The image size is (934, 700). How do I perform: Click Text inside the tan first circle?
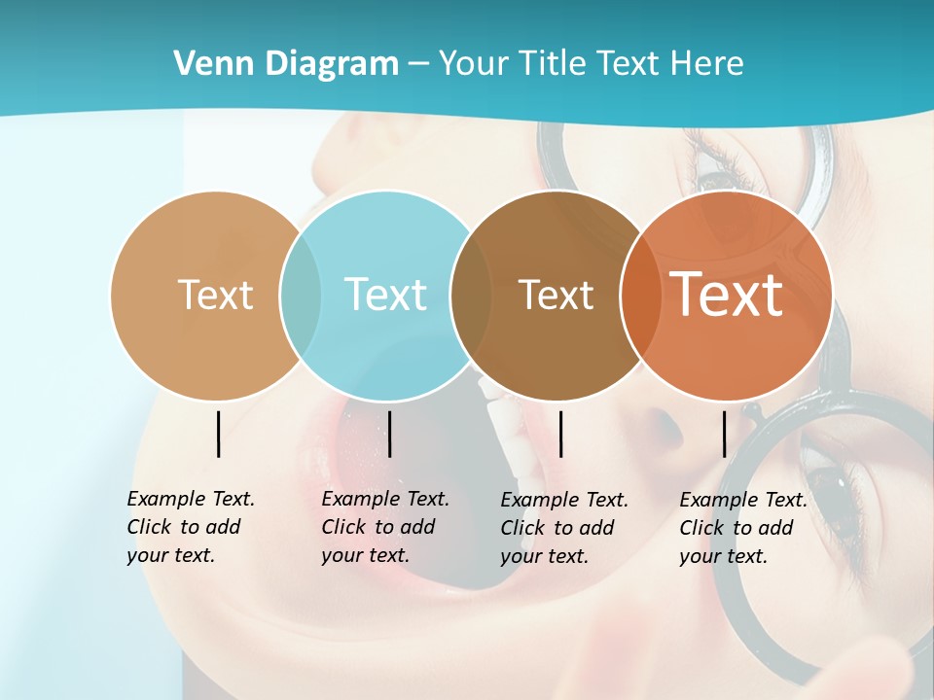(215, 295)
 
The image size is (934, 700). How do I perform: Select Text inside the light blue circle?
(385, 295)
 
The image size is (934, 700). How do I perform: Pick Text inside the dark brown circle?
(556, 295)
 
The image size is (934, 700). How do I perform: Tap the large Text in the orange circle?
(726, 294)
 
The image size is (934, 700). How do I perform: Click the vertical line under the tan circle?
(218, 434)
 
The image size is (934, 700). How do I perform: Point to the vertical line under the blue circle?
(389, 434)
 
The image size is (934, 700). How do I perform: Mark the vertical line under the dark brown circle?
(560, 434)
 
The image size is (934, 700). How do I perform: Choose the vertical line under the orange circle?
(725, 434)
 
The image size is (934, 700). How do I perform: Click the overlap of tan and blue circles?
(301, 295)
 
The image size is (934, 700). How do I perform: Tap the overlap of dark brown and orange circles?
(637, 295)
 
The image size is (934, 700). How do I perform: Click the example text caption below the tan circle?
(190, 527)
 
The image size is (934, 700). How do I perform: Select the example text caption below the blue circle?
(384, 527)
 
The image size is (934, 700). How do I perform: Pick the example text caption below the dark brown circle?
(563, 528)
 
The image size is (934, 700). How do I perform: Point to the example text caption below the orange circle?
(742, 528)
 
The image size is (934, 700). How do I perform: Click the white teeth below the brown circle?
(499, 428)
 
